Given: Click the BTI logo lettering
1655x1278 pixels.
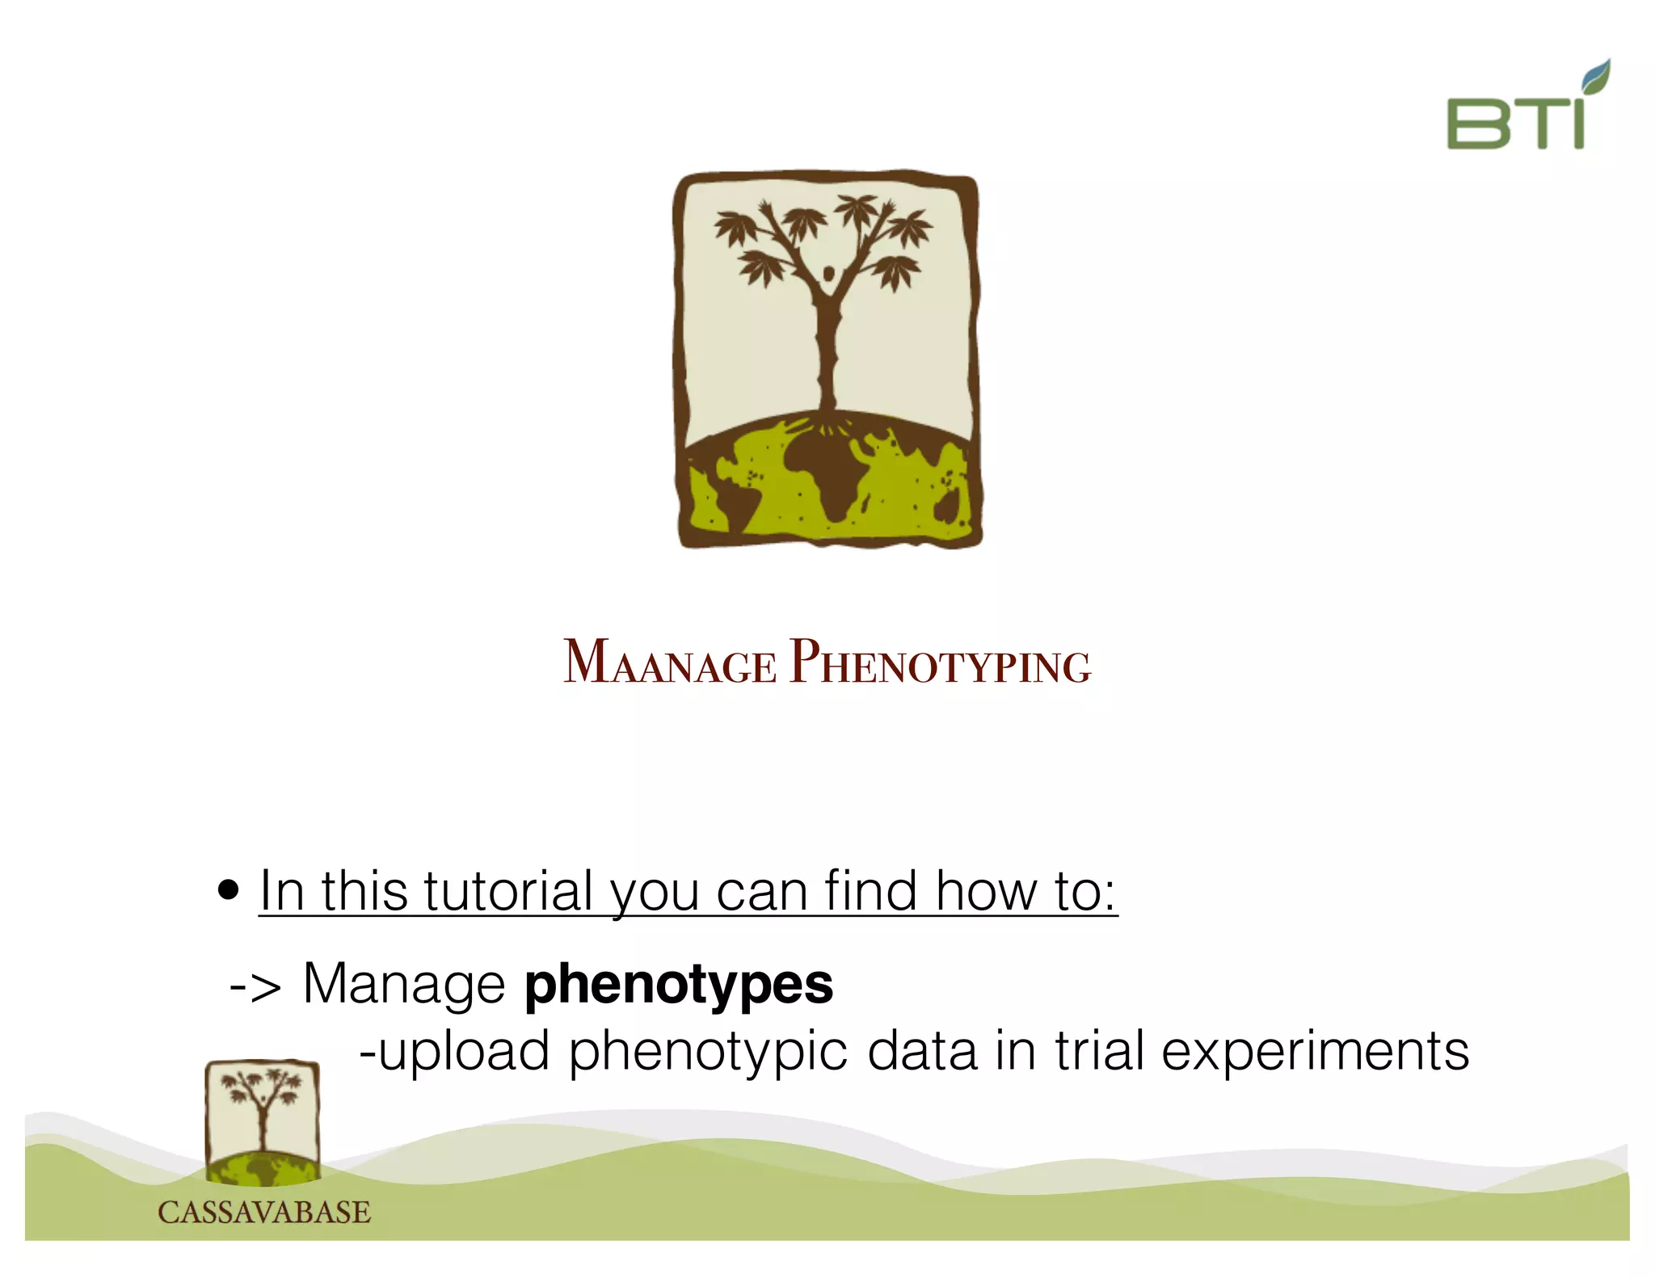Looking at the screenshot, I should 1514,123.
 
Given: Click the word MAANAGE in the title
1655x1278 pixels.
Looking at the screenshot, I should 669,662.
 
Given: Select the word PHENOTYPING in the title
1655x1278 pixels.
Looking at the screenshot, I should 940,662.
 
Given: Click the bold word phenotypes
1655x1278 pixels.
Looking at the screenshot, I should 678,984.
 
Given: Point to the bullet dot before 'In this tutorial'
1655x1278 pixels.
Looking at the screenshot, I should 229,890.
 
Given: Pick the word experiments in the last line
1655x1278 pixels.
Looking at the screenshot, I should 1315,1052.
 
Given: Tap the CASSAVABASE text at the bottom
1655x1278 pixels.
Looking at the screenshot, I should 263,1212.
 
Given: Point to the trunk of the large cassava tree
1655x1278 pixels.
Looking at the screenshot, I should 827,355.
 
